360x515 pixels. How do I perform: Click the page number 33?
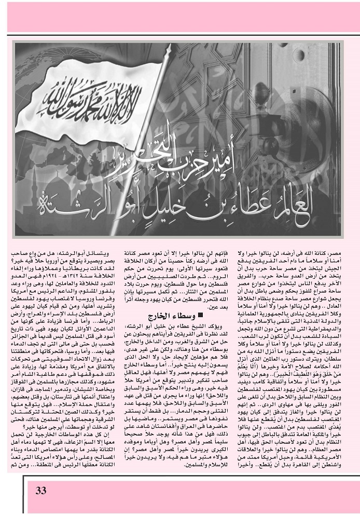(x=41, y=491)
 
